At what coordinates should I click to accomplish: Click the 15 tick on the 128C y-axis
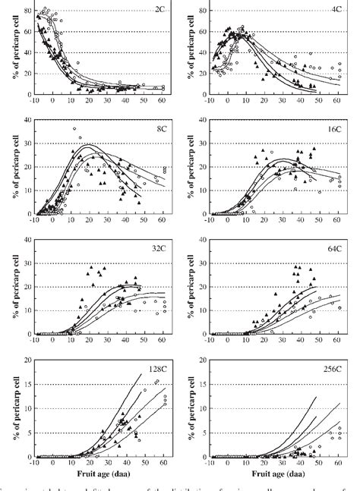click(27, 385)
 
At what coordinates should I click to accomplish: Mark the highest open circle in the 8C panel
click(74, 128)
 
